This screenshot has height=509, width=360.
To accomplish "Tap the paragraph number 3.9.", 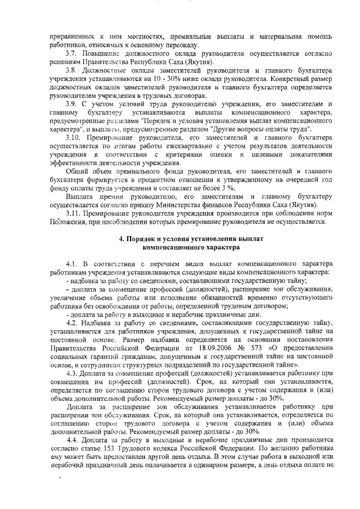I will pyautogui.click(x=71, y=104).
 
